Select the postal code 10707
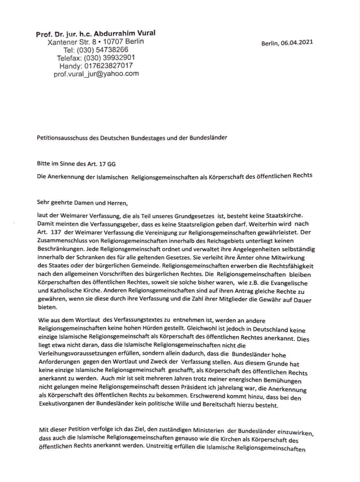[x=115, y=42]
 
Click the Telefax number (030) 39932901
[x=109, y=58]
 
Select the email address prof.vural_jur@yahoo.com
[x=96, y=74]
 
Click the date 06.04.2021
[x=296, y=43]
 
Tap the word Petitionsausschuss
[x=62, y=138]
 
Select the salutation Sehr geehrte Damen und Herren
[x=82, y=203]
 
